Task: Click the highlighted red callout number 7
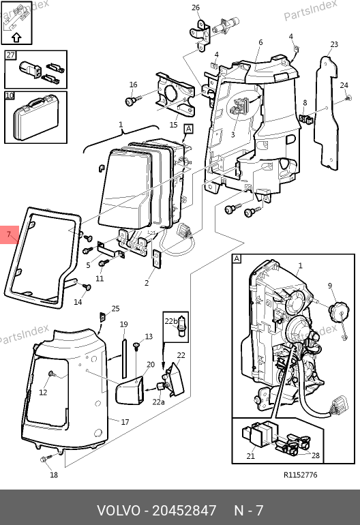coord(9,234)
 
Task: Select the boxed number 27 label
coord(10,55)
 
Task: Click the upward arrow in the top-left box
coord(16,37)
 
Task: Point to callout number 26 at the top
coord(196,7)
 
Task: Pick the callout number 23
coord(334,44)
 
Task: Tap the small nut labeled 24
coord(348,98)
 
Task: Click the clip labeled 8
coord(304,119)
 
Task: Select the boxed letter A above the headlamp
coord(189,130)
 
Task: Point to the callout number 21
coord(250,455)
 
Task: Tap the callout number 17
coord(125,422)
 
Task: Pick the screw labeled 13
coord(136,346)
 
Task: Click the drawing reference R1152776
coord(301,475)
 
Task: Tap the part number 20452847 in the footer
coord(184,510)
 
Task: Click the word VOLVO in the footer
coord(119,510)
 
